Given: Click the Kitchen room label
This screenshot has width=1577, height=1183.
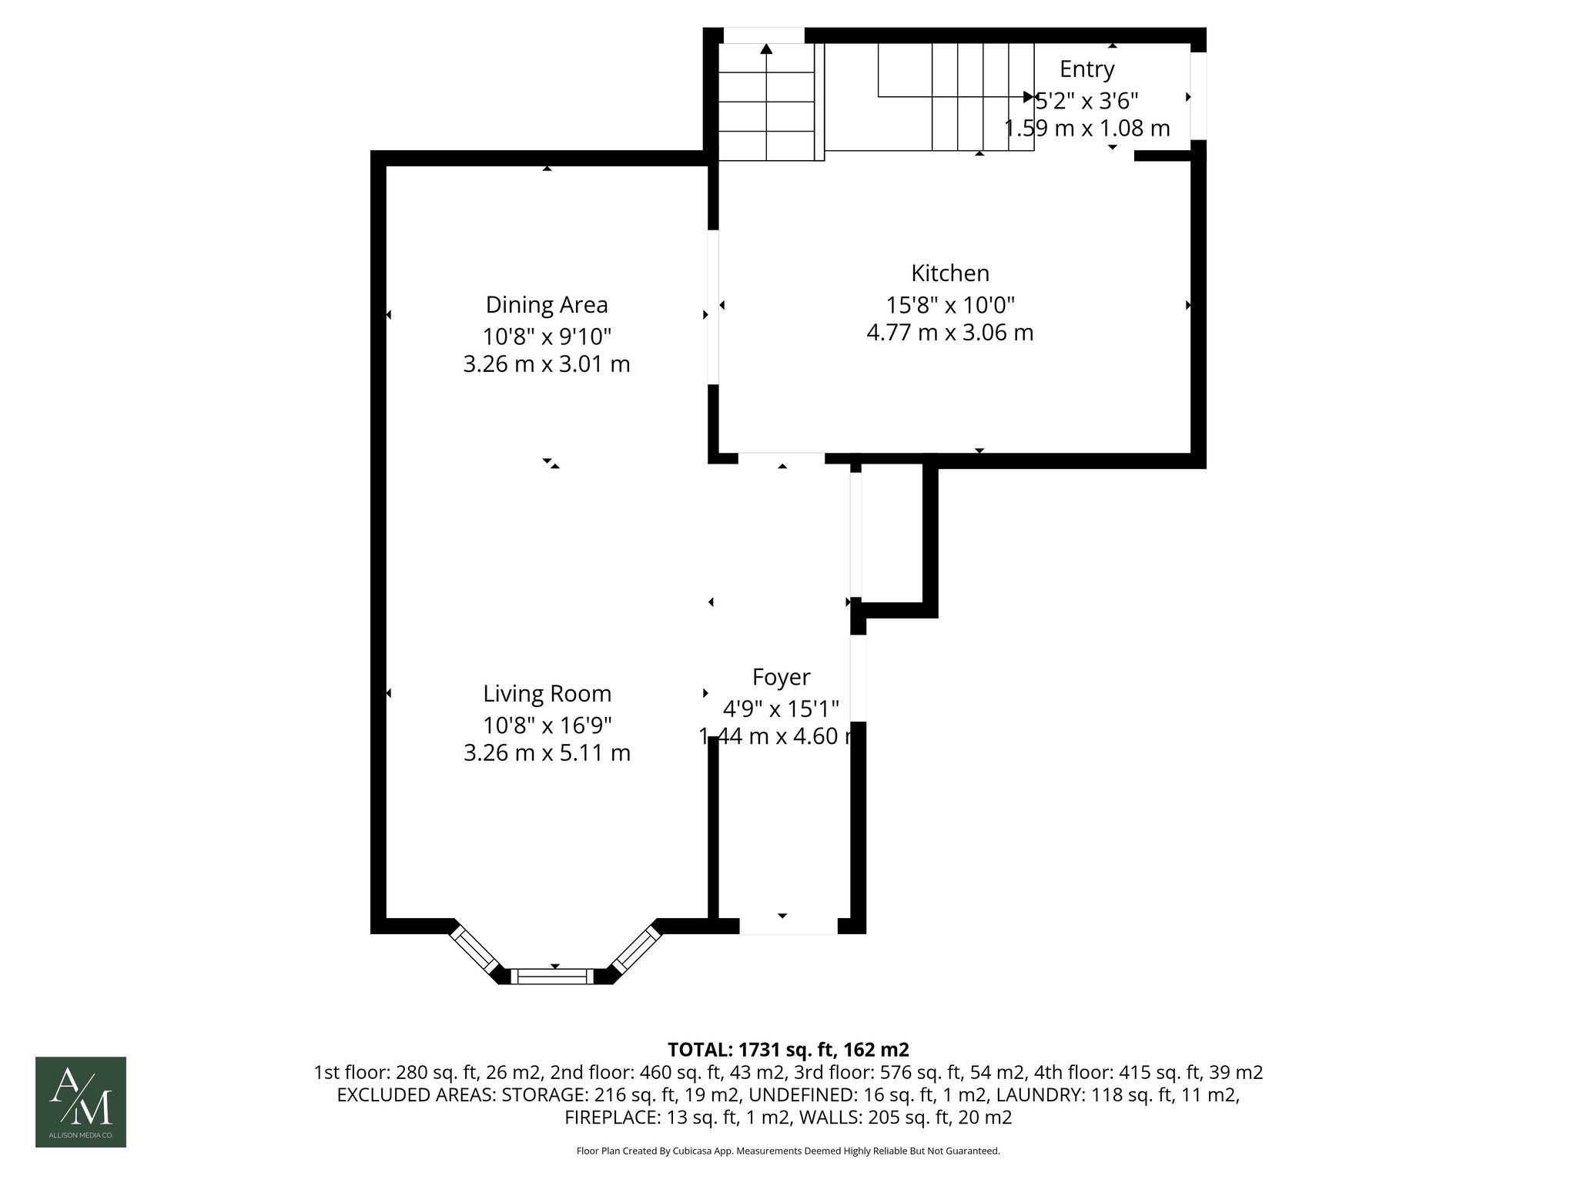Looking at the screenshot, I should [949, 273].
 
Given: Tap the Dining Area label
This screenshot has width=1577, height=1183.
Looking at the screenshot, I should [547, 305].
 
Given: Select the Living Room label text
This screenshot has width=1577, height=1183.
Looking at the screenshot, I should [547, 694].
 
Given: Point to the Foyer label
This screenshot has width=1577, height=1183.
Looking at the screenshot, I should [781, 678].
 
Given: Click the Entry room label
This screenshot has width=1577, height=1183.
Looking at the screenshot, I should [1086, 69].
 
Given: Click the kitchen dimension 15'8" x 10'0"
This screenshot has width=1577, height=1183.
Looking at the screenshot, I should [949, 305].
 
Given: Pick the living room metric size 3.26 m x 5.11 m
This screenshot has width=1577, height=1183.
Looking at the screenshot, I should [547, 752].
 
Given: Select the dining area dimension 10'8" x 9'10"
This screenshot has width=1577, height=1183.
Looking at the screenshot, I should [547, 337].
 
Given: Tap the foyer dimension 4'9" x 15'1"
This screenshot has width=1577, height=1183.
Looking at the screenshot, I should [780, 708].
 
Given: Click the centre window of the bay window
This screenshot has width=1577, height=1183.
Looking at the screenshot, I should [554, 977].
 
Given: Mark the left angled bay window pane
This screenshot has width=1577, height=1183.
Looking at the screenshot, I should [475, 950].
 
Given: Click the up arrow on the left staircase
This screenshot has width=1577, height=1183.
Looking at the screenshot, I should [766, 49].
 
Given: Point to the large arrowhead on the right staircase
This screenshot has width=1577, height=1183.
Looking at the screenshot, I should [1028, 97].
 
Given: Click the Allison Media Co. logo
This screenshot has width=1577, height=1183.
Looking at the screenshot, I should [81, 1101].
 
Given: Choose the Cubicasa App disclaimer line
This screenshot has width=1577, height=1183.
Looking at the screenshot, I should [788, 1151].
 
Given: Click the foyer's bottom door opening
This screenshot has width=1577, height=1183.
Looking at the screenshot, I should [788, 927].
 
